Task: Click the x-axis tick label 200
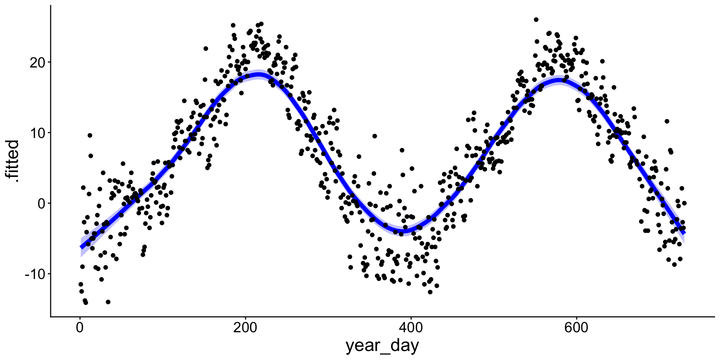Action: [245, 328]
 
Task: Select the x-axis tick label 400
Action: [411, 328]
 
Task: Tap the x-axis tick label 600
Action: [576, 328]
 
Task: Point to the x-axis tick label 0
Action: [79, 328]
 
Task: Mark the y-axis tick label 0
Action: [41, 203]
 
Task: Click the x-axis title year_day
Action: [382, 346]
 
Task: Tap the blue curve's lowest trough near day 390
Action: [403, 229]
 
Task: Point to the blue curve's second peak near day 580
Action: [559, 80]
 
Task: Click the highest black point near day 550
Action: [536, 19]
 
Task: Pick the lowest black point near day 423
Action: [430, 292]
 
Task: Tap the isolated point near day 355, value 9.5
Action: [374, 136]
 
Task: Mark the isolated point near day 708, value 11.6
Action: [667, 121]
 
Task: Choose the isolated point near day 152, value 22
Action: [205, 48]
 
